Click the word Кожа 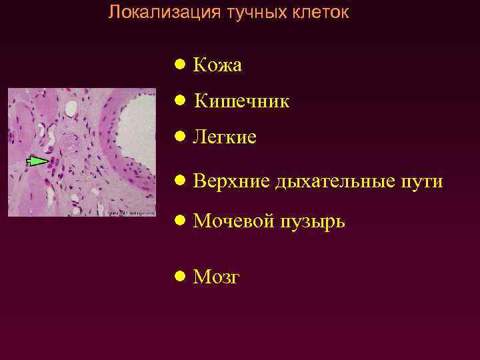(217, 65)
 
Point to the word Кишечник (241, 101)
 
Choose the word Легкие (225, 137)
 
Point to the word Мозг (216, 277)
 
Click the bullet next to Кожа (179, 65)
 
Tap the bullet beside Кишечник (179, 101)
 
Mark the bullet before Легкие (179, 137)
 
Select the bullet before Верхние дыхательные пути (179, 181)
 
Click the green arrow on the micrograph (37, 160)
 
